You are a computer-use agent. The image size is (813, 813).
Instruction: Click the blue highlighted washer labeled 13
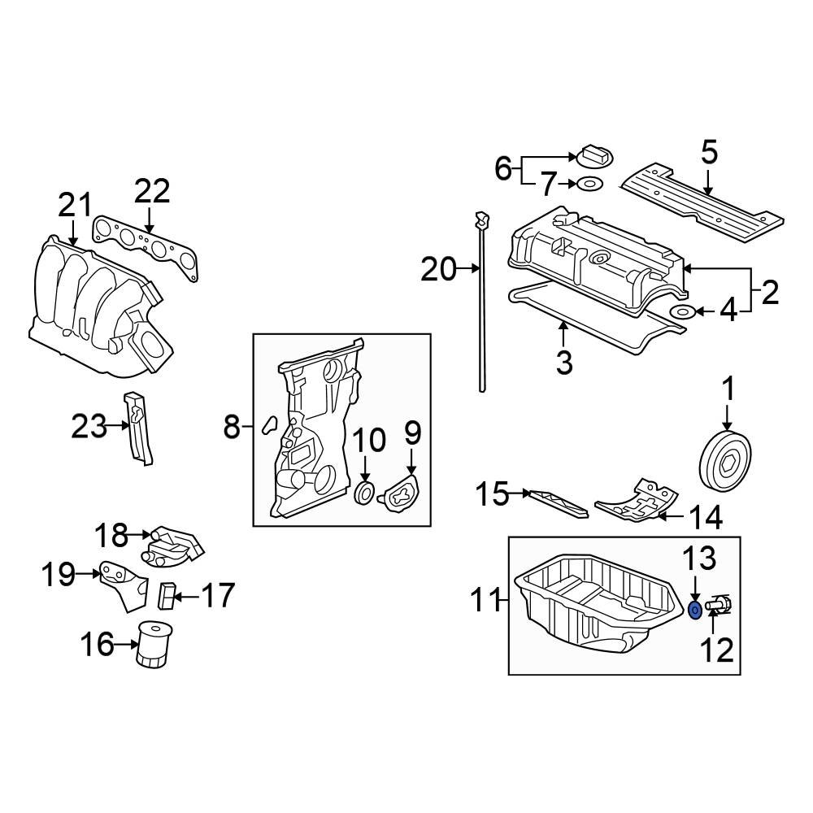coord(695,610)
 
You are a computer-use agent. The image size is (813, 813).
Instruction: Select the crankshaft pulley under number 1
coord(725,462)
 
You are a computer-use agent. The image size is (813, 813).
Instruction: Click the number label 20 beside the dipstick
coord(439,268)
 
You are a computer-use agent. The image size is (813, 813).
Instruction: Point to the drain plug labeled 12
coord(720,606)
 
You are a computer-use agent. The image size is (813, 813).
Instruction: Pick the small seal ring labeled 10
coord(366,492)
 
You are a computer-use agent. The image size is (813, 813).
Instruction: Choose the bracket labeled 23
coord(138,429)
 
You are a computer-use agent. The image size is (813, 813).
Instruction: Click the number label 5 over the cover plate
coord(709,152)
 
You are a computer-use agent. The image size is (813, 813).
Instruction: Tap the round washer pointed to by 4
coord(681,312)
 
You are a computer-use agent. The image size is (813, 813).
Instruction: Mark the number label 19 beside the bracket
coord(58,576)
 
